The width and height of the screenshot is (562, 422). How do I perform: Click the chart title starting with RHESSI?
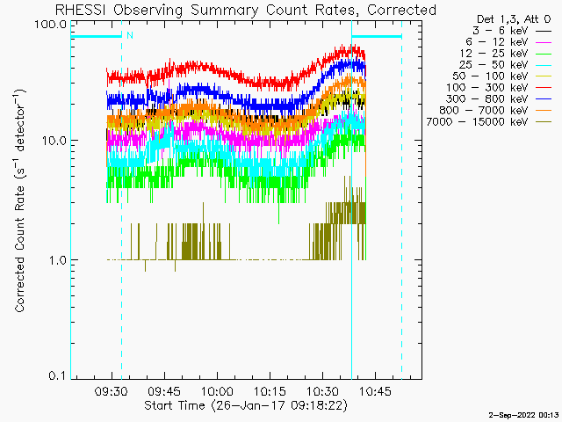tap(246, 10)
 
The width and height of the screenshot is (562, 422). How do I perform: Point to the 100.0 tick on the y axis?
tap(51, 24)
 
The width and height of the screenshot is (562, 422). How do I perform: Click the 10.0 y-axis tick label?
tap(54, 141)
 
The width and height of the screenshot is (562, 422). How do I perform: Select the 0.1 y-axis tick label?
tap(58, 376)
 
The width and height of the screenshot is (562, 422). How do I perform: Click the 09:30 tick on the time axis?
tap(112, 391)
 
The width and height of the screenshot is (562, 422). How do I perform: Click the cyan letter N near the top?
tap(130, 35)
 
